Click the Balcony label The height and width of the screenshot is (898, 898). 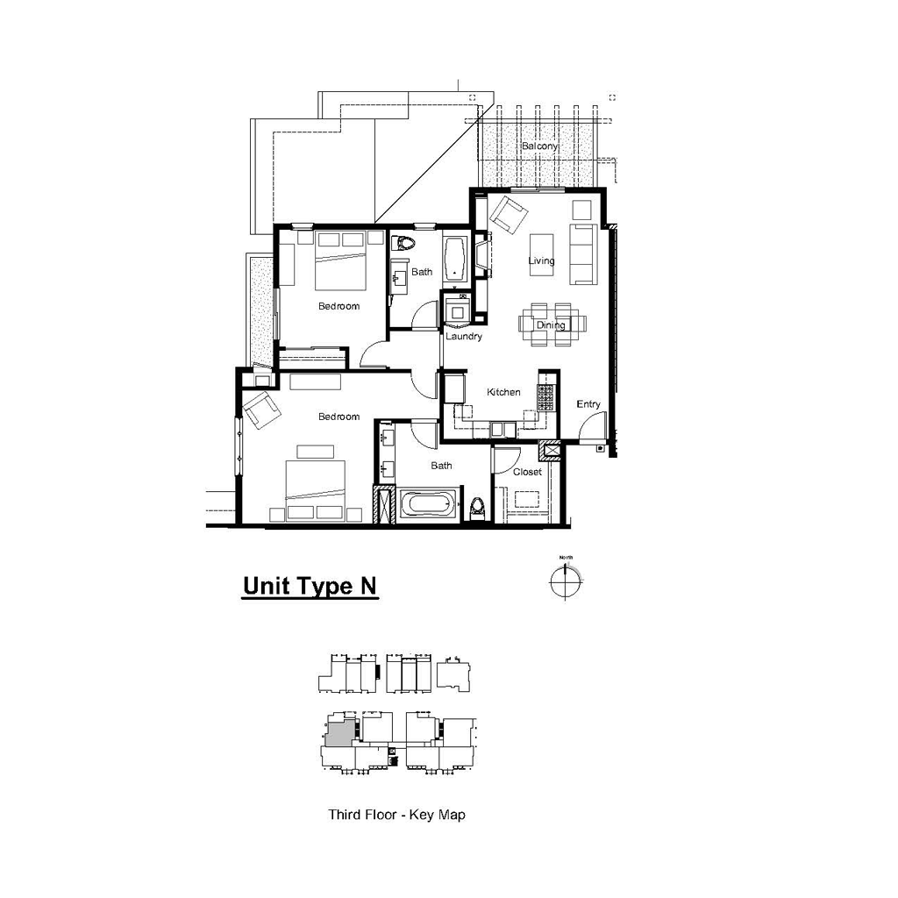point(539,146)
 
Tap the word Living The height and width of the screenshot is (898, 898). point(541,261)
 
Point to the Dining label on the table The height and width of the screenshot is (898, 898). point(551,325)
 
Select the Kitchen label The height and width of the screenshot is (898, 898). point(503,392)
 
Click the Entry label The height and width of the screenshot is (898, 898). point(588,404)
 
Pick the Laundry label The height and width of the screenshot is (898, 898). point(464,336)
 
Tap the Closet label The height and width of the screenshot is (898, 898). point(527,472)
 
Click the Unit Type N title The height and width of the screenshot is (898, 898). point(310,586)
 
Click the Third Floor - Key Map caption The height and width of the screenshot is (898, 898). point(397,815)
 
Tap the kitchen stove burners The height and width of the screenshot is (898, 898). point(545,397)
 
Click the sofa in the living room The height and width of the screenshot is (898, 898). point(583,254)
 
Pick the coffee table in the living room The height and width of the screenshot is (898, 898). point(541,254)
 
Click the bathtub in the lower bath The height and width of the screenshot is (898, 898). point(428,504)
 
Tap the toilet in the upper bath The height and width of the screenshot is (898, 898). point(403,243)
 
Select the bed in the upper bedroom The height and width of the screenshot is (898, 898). point(341,260)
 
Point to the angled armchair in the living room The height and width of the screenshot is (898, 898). point(508,215)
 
